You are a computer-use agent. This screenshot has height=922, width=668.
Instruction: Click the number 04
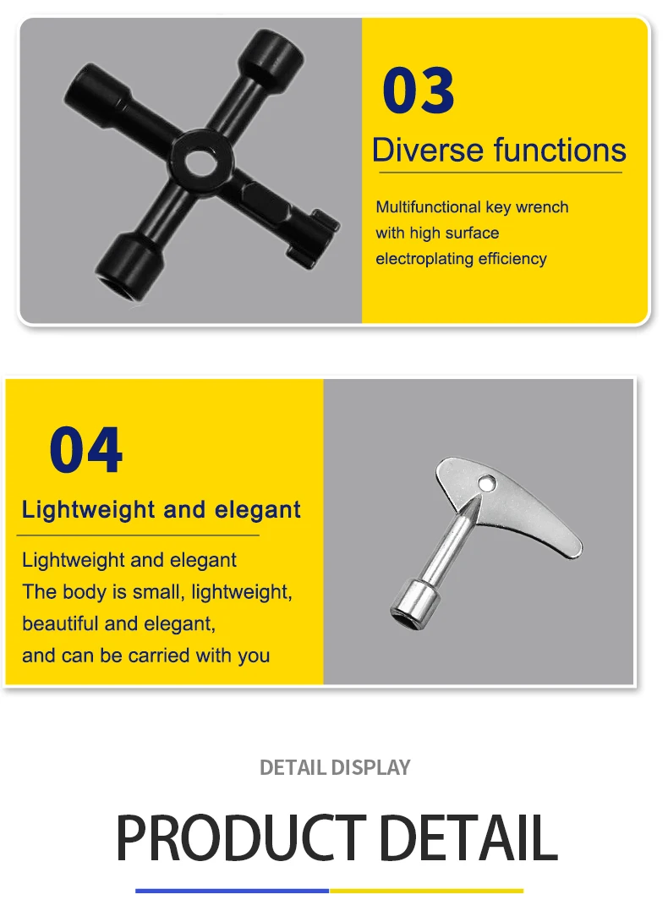[x=86, y=450]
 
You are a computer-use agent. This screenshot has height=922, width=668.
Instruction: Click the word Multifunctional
[x=428, y=207]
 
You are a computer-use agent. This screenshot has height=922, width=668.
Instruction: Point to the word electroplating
[x=424, y=259]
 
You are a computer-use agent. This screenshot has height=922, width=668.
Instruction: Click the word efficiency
[x=512, y=259]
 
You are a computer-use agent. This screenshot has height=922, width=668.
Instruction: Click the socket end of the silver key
[x=415, y=603]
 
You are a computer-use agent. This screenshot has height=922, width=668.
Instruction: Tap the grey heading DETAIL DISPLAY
[x=335, y=767]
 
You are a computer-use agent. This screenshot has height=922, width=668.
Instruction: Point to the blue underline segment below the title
[x=233, y=891]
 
